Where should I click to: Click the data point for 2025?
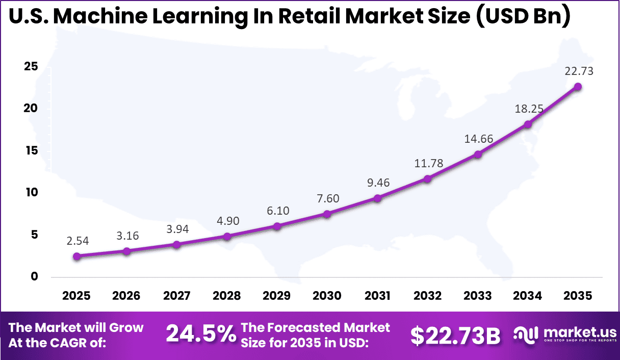(76, 256)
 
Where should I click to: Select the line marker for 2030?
(327, 214)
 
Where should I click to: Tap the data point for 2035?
(578, 87)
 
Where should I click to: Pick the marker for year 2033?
(478, 155)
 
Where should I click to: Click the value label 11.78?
(428, 163)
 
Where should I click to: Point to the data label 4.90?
(227, 221)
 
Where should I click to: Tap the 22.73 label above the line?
(578, 71)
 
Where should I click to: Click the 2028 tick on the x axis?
(227, 296)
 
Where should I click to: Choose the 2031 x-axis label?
(377, 296)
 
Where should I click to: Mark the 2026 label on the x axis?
(126, 296)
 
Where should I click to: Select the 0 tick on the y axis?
(34, 276)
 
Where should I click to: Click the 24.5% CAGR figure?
(201, 335)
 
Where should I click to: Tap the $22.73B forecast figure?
(455, 335)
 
